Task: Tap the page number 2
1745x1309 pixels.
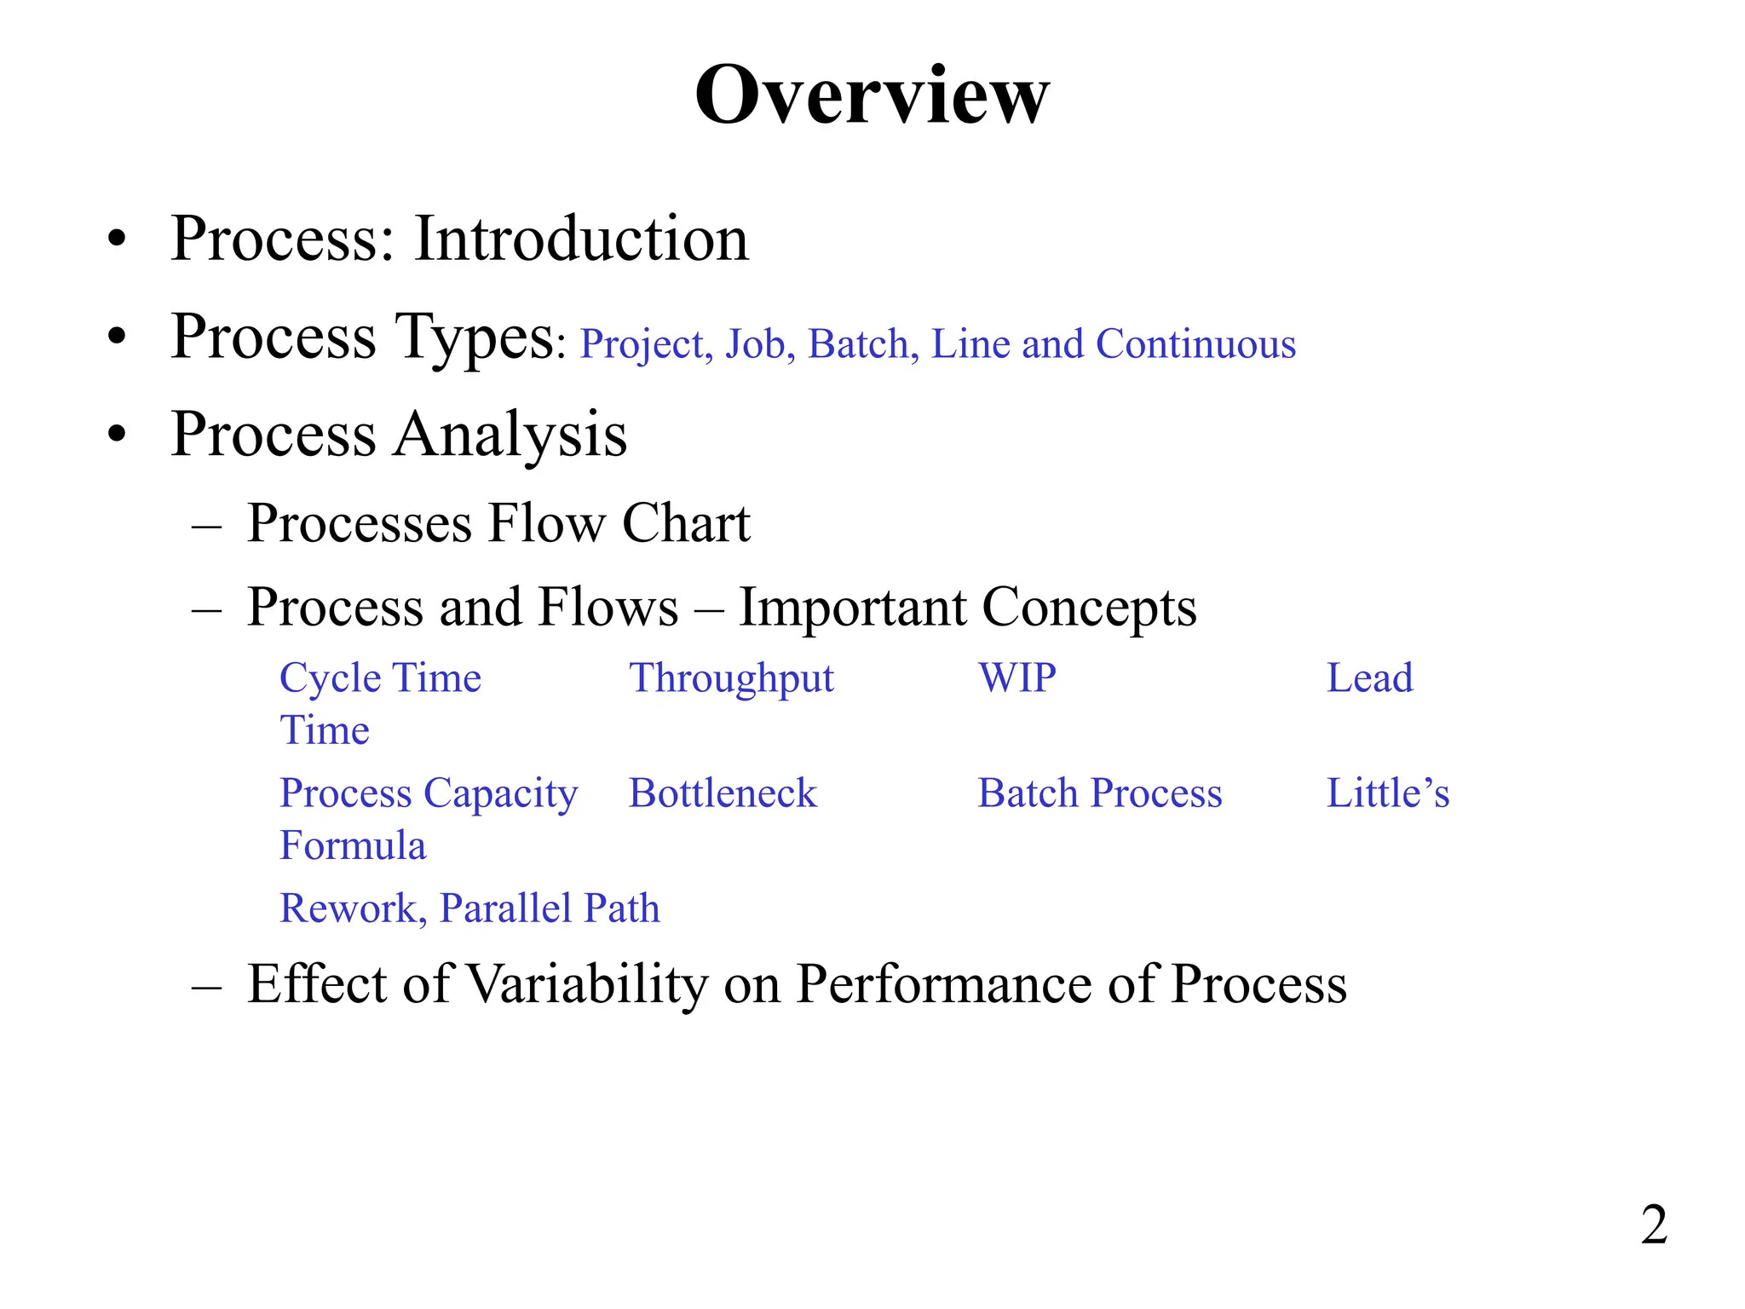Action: tap(1654, 1225)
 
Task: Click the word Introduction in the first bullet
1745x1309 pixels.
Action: tap(581, 239)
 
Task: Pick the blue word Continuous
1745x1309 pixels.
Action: tap(1195, 344)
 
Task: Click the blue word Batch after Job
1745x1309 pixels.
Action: tap(863, 344)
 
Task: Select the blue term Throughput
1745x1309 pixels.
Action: tap(731, 679)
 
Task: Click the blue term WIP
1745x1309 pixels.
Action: tap(1017, 678)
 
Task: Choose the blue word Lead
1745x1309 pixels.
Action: tap(1369, 678)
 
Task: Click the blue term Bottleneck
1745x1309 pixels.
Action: tap(723, 793)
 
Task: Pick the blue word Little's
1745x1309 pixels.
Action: tap(1388, 793)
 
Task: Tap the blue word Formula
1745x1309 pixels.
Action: tap(353, 845)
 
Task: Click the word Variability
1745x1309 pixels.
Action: tap(587, 984)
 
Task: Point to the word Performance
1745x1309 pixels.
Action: tap(943, 984)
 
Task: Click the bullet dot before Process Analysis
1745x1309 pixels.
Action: tap(117, 435)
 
